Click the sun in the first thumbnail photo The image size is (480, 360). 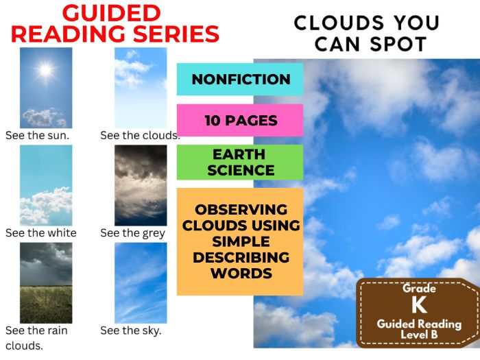coord(46,69)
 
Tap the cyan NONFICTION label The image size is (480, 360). coord(240,80)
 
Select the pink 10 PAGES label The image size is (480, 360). coord(240,121)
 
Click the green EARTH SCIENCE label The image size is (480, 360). coord(240,162)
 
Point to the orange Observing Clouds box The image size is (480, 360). coord(240,241)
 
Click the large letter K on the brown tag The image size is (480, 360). coord(419,304)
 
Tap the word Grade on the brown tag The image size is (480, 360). coord(419,289)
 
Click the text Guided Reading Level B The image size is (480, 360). coord(419,328)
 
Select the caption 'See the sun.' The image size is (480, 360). coord(37,135)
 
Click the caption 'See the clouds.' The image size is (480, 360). coord(140,135)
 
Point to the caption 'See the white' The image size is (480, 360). coord(41,232)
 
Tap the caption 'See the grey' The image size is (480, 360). coord(133,232)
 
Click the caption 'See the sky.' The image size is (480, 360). coord(131,331)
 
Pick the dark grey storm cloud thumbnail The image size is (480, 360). coord(141,185)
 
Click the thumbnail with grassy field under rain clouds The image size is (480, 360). coord(46,283)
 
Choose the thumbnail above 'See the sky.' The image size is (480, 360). coord(141,283)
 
